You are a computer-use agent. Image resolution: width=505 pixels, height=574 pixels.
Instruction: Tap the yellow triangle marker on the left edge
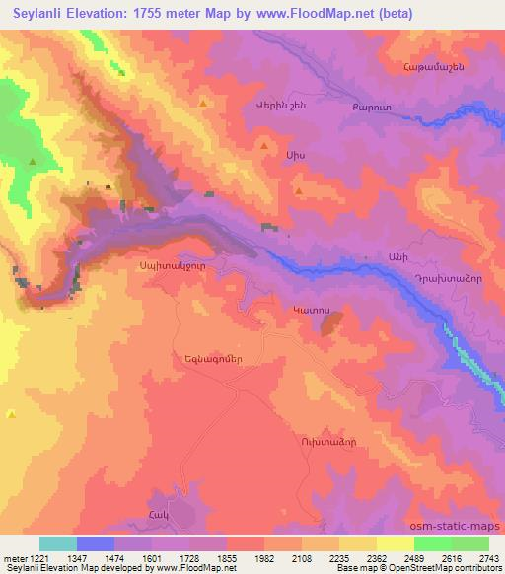click(x=11, y=414)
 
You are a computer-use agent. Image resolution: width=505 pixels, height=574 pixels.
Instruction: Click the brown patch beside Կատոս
click(x=333, y=323)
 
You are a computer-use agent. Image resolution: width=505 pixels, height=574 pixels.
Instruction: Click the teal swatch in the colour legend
click(x=58, y=544)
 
